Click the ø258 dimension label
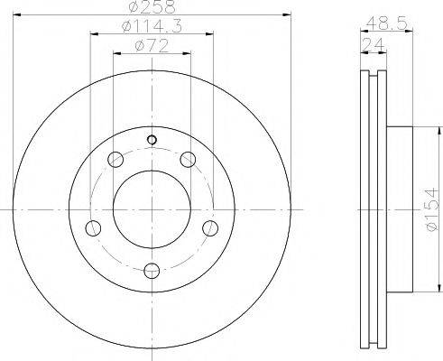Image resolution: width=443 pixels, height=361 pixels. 151,8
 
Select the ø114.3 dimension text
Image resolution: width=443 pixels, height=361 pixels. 151,29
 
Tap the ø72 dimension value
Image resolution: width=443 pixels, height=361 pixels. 151,47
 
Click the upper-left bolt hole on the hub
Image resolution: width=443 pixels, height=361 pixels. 115,161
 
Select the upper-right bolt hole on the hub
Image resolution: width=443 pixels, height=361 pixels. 188,161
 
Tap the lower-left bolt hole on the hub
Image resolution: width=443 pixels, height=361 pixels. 92,227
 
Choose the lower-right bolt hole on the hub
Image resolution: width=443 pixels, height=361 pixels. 210,227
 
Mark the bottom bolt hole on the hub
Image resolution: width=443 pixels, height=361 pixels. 152,269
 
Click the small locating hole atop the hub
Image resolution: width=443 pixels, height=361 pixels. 152,139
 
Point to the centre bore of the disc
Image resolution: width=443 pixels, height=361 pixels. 152,208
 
